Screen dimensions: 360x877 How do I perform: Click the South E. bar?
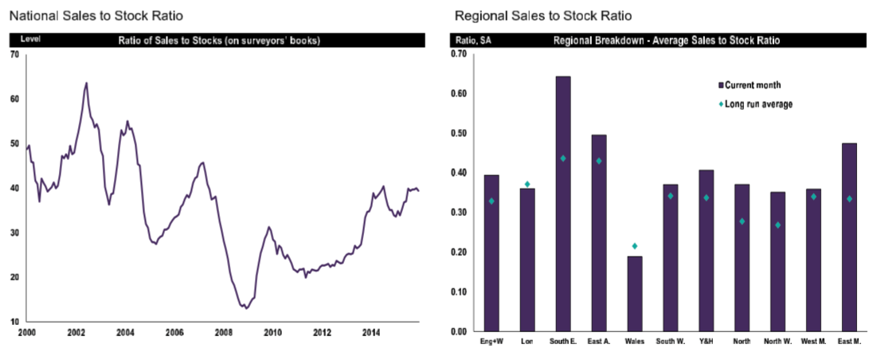[x=562, y=204]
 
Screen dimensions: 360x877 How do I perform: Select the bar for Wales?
[x=635, y=293]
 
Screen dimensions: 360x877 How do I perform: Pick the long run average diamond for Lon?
[x=527, y=184]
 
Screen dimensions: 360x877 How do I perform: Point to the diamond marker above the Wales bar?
[x=635, y=246]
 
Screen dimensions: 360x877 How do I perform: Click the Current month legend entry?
[x=752, y=84]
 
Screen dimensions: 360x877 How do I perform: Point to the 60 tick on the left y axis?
[x=14, y=99]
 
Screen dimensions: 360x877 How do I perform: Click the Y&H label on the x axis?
[x=706, y=342]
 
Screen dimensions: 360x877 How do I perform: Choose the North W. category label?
[x=777, y=342]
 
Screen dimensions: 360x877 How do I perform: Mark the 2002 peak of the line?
[x=86, y=83]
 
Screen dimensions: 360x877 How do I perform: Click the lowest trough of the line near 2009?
[x=246, y=308]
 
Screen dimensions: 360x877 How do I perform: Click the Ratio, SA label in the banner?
[x=473, y=39]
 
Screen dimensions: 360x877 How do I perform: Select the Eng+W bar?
[x=491, y=253]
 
